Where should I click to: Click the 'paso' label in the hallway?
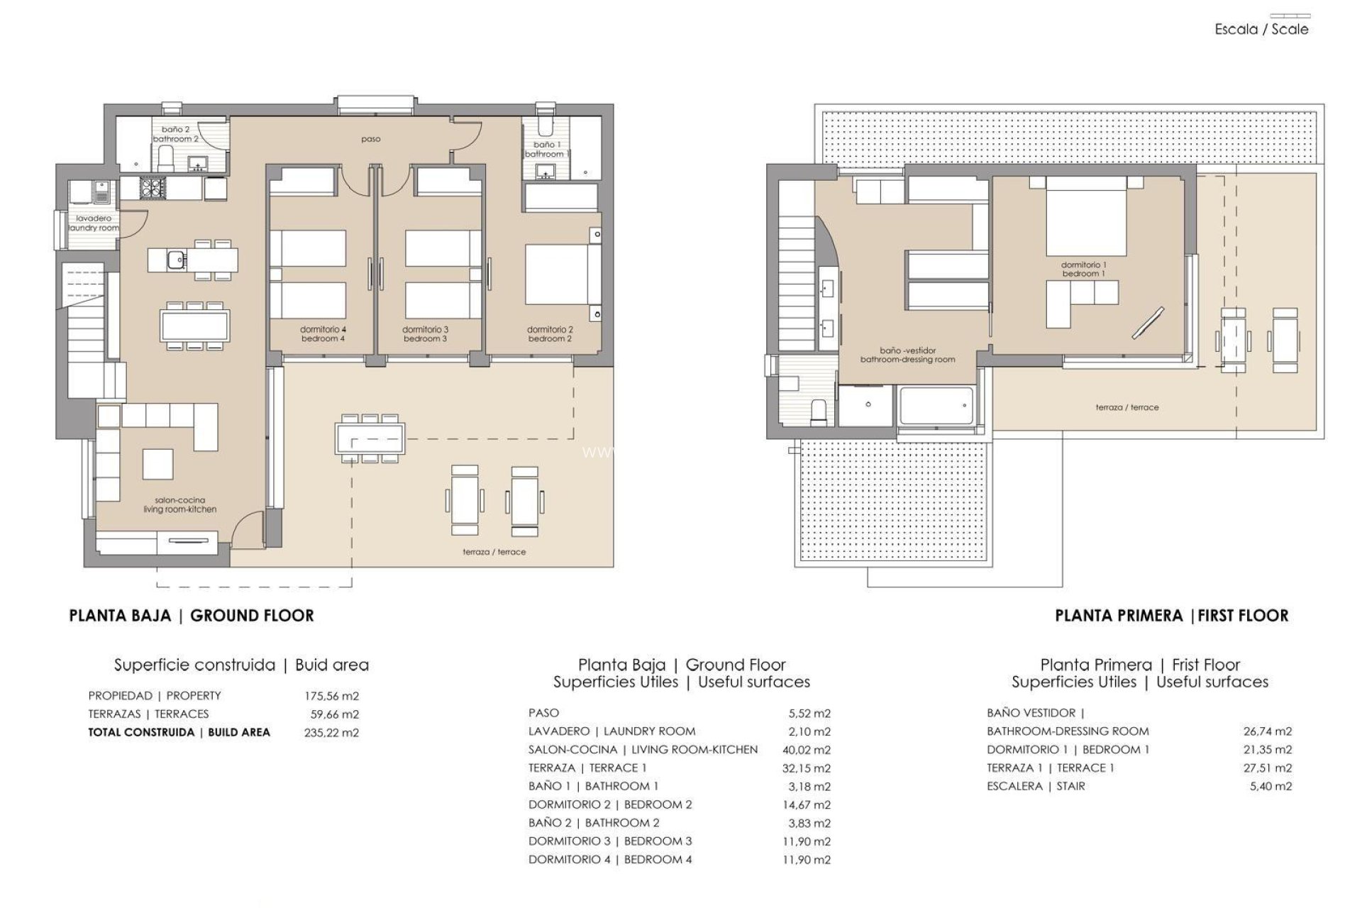[x=370, y=139]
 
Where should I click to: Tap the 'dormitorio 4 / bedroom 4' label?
[x=323, y=334]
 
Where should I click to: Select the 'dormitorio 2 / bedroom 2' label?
[x=550, y=334]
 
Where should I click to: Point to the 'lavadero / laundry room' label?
[x=94, y=223]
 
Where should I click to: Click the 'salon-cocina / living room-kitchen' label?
[x=179, y=505]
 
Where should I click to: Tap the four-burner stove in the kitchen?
[x=154, y=188]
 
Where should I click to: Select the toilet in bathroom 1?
[x=545, y=126]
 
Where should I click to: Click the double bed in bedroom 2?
[x=556, y=274]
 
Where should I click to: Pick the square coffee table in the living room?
[x=157, y=465]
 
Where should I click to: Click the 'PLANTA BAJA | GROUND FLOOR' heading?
[x=192, y=616]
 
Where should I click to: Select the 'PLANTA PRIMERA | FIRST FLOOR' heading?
[x=1171, y=616]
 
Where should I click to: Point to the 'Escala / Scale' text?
[x=1261, y=30]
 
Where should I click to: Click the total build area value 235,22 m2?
[x=331, y=733]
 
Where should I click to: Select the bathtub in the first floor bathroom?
[x=935, y=406]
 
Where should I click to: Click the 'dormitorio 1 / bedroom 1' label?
[x=1083, y=269]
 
